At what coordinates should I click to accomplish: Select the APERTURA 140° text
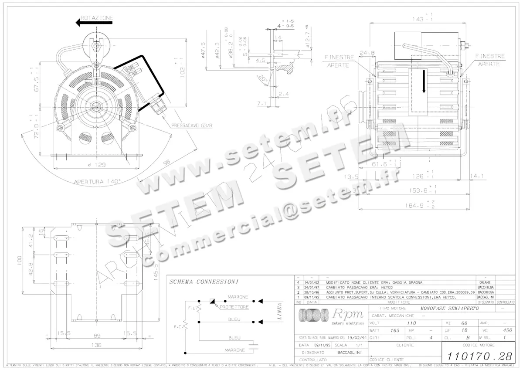(x=97, y=181)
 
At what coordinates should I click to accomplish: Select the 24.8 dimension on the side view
(x=367, y=53)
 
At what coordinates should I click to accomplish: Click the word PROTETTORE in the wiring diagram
(x=234, y=307)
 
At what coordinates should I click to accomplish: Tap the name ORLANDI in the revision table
(x=485, y=282)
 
